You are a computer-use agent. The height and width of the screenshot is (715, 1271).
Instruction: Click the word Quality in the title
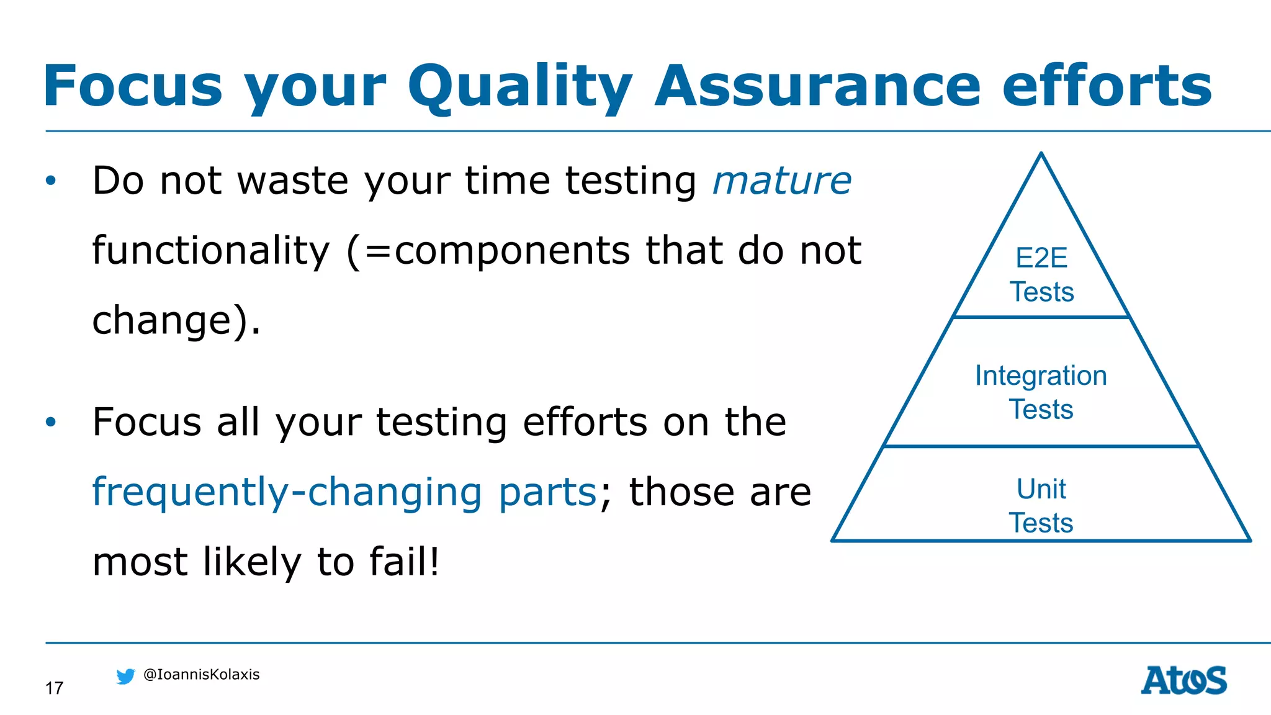click(x=519, y=86)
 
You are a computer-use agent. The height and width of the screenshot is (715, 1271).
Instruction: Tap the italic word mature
click(x=782, y=181)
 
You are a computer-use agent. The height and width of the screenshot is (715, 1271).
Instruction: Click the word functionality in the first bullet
click(x=211, y=251)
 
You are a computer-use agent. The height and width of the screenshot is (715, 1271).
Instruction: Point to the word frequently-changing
click(x=287, y=492)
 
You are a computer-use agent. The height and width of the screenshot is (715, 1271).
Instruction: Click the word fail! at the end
click(x=405, y=561)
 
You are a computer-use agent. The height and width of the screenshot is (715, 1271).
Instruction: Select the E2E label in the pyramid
click(x=1041, y=258)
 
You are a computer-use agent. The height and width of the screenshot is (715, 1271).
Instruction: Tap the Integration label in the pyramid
click(x=1041, y=375)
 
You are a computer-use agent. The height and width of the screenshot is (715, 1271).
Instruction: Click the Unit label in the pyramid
click(x=1041, y=489)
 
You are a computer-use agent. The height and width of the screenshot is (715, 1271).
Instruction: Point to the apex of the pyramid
click(x=1041, y=155)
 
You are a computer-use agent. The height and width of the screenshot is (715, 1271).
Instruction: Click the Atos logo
click(x=1183, y=680)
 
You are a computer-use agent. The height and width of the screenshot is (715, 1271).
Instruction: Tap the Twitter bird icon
click(x=125, y=676)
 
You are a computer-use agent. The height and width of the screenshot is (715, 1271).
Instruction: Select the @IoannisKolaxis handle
click(x=201, y=675)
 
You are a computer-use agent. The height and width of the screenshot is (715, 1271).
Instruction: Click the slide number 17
click(x=54, y=688)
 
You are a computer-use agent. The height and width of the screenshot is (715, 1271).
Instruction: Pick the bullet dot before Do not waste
click(x=51, y=181)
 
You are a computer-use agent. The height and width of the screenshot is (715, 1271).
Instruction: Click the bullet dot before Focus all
click(x=51, y=422)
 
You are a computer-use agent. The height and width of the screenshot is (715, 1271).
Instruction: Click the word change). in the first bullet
click(x=176, y=320)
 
